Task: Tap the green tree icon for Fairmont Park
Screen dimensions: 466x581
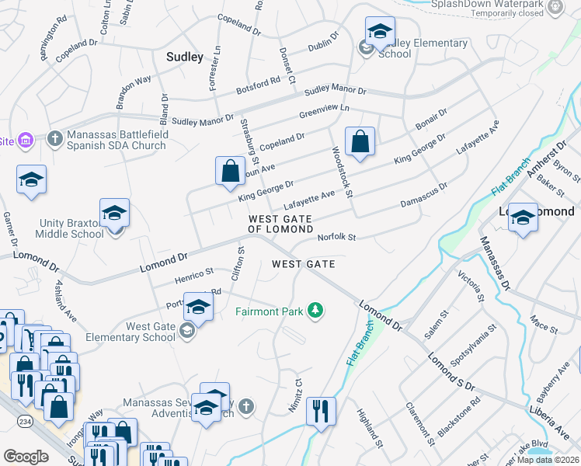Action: click(315, 311)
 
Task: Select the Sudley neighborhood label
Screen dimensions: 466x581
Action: click(185, 57)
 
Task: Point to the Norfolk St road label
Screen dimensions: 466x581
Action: click(336, 238)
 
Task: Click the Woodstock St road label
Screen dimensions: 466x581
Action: click(343, 172)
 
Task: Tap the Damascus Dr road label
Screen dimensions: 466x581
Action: click(423, 195)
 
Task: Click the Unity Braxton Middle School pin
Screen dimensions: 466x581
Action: click(114, 214)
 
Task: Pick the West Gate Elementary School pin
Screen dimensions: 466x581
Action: click(198, 308)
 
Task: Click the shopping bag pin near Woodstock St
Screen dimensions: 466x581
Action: click(360, 143)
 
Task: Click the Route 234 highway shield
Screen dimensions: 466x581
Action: click(18, 420)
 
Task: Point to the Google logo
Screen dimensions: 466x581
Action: click(26, 457)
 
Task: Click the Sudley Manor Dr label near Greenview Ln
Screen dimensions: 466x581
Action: click(335, 91)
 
